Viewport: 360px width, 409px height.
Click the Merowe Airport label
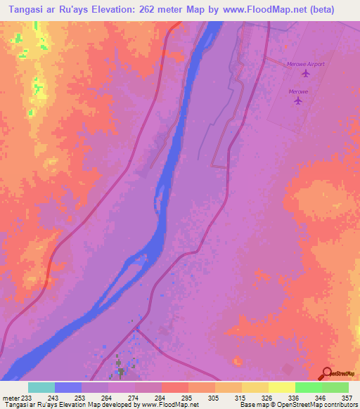[x=306, y=64]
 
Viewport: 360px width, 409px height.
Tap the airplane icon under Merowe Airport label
[x=305, y=73]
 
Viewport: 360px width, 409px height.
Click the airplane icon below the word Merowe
[x=298, y=100]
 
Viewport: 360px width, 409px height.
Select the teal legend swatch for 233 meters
[x=41, y=387]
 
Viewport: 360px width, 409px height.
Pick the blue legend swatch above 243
[x=68, y=387]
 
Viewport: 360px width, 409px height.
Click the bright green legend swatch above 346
[x=308, y=387]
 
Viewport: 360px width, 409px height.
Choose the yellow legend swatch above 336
[x=281, y=387]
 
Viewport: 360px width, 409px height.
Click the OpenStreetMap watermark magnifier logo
[x=327, y=374]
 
